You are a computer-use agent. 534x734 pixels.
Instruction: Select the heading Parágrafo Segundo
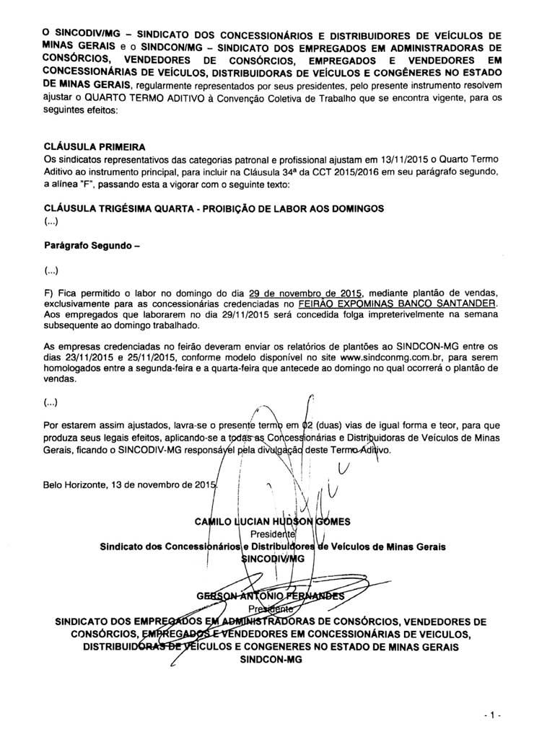click(x=90, y=245)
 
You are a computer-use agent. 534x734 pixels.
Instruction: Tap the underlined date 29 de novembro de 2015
click(x=305, y=293)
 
